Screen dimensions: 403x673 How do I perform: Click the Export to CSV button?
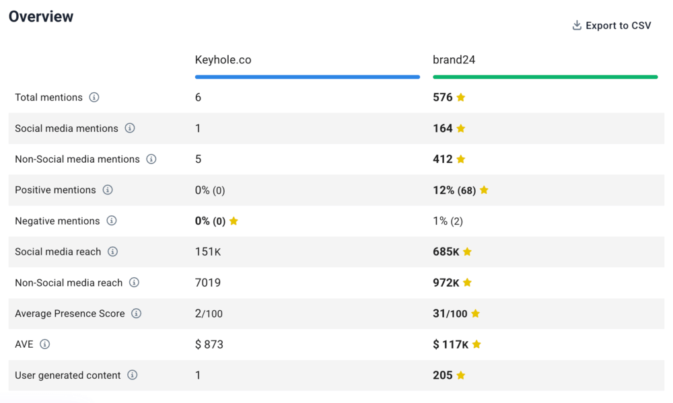pos(612,26)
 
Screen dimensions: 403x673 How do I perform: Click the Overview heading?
pos(41,17)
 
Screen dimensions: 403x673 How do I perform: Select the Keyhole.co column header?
pos(223,60)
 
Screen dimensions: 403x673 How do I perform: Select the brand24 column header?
pos(454,60)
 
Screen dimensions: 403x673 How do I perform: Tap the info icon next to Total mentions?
pos(94,98)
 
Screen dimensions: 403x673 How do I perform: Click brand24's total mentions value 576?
pos(443,98)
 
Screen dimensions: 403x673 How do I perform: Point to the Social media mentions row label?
pos(66,129)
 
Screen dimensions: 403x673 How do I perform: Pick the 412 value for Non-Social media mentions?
pos(443,159)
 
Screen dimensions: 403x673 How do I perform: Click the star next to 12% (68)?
pos(484,190)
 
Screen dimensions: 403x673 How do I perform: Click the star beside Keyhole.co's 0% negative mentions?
pos(234,221)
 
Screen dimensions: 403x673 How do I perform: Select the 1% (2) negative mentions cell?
pos(448,221)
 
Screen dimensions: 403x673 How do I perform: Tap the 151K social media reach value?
pos(208,252)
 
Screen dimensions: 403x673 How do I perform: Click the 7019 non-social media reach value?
pos(208,283)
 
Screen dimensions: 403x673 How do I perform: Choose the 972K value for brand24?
pos(446,283)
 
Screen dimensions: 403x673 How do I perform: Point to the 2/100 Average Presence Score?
pos(209,314)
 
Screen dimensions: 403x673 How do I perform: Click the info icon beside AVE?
pos(45,344)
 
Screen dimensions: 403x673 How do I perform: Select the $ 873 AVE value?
pos(209,344)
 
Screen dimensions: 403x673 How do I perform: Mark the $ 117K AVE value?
pos(450,344)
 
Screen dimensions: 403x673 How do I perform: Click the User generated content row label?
pos(67,375)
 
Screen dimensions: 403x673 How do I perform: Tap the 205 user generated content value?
pos(443,375)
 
